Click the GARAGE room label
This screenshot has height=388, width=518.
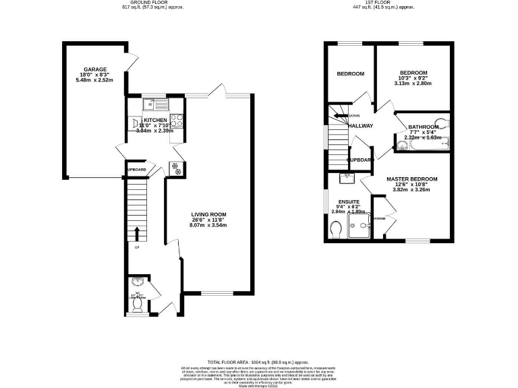[96, 69]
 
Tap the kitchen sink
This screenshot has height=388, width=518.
[159, 104]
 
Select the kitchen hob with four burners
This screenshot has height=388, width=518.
[177, 121]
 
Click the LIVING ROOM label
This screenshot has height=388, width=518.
[208, 214]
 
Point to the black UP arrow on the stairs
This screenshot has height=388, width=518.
[138, 234]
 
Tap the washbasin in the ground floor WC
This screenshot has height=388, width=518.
[138, 283]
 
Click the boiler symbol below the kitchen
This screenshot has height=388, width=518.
[177, 169]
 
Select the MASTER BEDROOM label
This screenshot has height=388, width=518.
[411, 179]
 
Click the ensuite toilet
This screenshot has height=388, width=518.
[336, 231]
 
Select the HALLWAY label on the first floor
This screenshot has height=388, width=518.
[360, 125]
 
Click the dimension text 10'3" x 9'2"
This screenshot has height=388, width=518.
[413, 78]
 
